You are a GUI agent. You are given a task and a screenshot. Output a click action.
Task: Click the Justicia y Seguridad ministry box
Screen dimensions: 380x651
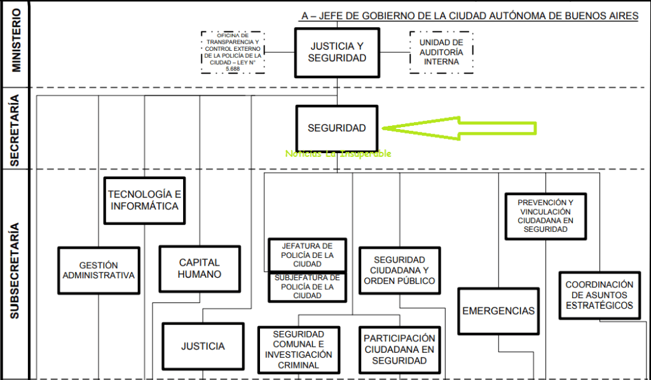[337, 53]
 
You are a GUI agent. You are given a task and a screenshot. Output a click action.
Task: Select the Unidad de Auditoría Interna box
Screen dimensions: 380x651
[441, 52]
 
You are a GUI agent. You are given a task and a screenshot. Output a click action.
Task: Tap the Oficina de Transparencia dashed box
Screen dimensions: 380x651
[232, 52]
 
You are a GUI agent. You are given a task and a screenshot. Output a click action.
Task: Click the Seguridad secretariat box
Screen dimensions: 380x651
[337, 128]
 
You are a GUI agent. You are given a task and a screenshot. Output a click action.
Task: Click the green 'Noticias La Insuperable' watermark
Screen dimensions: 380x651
[338, 154]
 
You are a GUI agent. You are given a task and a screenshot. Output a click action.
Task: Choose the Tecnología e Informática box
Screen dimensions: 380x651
[144, 200]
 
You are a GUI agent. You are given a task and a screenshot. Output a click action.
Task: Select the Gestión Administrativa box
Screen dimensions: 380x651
[99, 270]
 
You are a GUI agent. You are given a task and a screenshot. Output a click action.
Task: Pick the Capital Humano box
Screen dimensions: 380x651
[200, 269]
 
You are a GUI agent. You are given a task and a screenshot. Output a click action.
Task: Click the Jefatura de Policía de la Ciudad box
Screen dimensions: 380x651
[308, 254]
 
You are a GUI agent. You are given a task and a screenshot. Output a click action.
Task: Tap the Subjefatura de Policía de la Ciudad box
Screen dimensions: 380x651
[308, 287]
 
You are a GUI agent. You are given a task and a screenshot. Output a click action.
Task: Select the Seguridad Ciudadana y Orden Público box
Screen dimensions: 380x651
[399, 270]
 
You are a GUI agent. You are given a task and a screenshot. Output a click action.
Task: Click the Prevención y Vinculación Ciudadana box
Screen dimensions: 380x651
[545, 216]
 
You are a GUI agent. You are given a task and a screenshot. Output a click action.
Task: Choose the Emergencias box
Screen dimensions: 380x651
[498, 311]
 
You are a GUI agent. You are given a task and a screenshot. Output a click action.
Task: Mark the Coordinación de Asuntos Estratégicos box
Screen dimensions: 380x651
[600, 295]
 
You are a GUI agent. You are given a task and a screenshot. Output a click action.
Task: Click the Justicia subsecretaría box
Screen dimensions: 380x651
[203, 346]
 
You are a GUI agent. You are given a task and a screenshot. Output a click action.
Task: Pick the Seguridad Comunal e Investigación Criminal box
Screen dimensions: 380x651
[299, 349]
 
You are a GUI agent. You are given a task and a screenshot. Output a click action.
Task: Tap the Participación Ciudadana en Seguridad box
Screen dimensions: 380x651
[399, 349]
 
